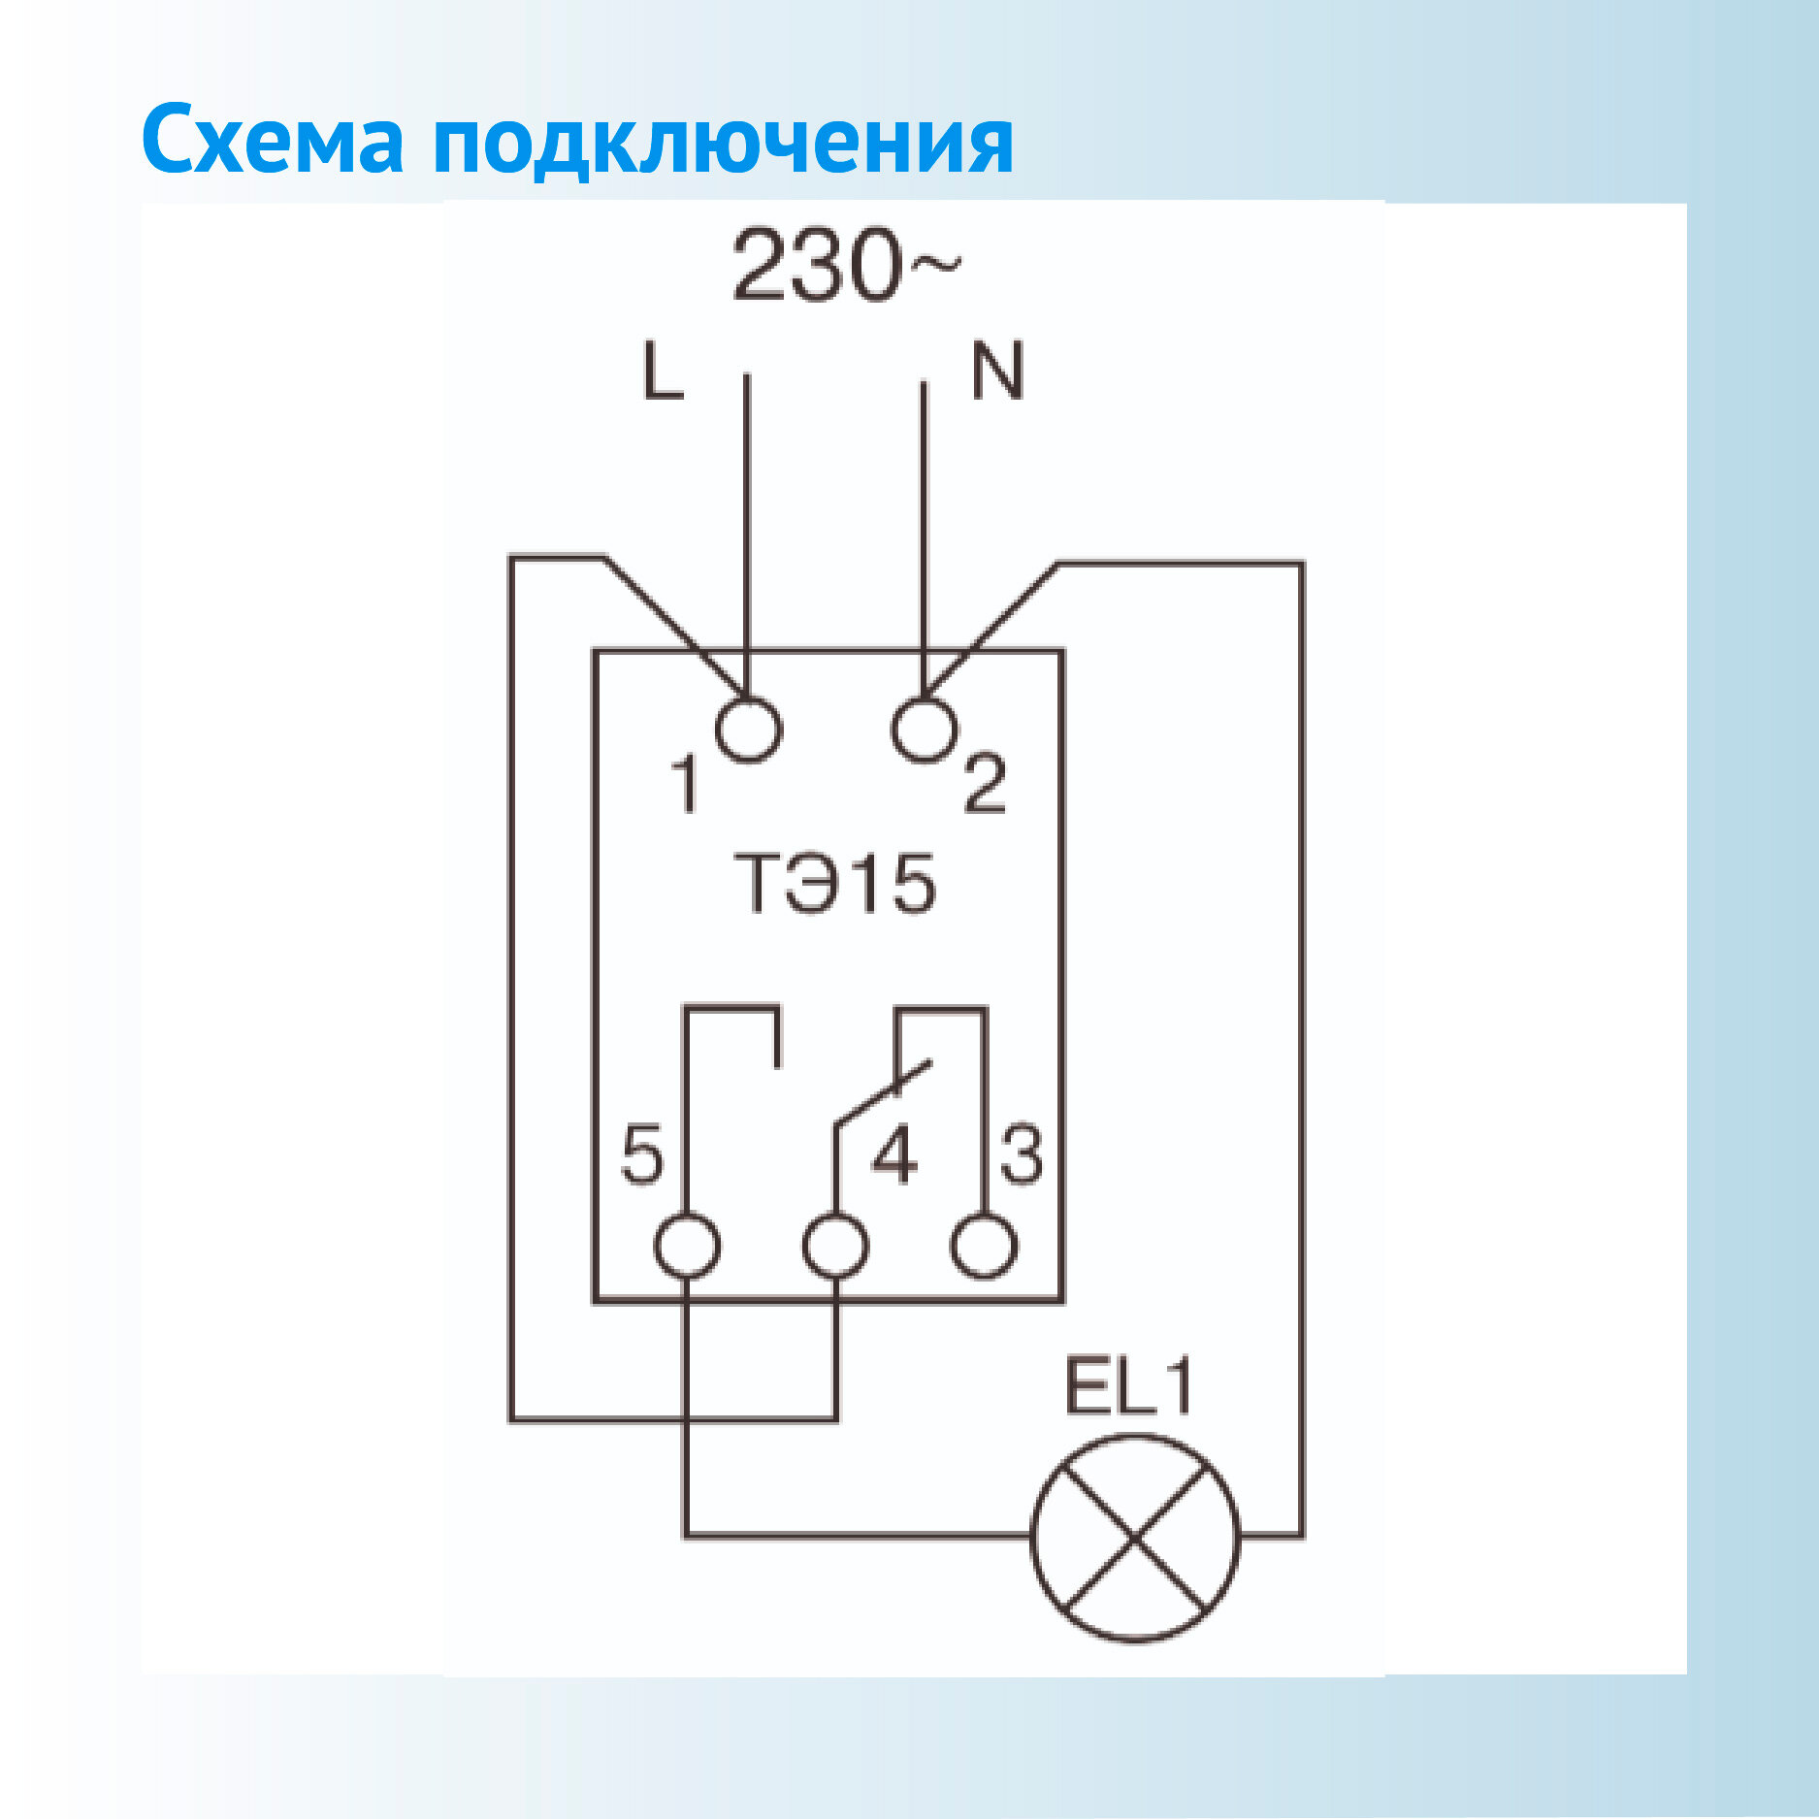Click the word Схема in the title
273,141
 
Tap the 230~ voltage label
845,264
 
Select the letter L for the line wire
663,371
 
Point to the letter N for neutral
997,371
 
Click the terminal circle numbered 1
748,730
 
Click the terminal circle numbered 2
924,730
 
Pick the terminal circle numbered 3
984,1246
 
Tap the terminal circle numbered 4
835,1246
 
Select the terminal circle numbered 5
687,1246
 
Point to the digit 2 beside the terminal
985,784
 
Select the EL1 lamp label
1128,1387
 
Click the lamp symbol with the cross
1135,1539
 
